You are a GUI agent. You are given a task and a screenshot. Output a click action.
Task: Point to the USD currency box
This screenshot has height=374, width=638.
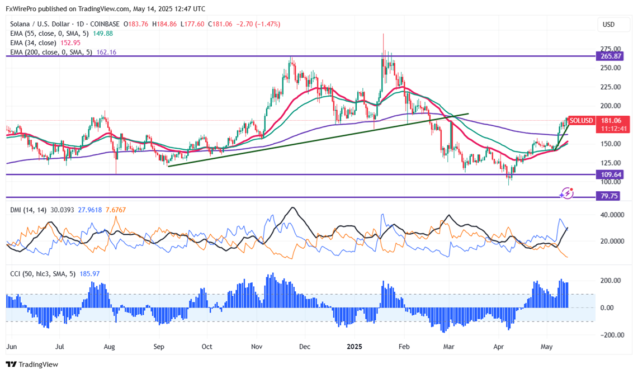coord(608,25)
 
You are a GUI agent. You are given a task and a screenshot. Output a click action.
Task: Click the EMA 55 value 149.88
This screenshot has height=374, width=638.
coord(103,34)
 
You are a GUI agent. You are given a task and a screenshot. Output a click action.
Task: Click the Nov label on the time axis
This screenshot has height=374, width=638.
coord(257,347)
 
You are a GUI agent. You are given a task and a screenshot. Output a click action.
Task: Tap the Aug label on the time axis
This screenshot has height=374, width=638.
coord(110,347)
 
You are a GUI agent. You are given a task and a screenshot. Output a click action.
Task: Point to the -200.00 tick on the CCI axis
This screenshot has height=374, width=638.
coord(613,335)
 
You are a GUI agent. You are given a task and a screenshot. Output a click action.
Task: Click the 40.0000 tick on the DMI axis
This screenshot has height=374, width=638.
coord(613,214)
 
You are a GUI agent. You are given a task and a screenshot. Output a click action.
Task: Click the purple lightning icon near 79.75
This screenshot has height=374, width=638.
coord(568,193)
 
